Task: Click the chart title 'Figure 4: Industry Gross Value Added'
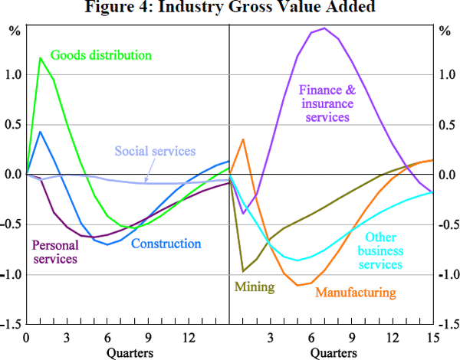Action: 230,8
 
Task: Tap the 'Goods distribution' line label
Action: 100,55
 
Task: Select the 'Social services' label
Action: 155,151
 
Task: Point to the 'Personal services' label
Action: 54,252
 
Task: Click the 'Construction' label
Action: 166,244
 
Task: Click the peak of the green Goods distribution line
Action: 41,57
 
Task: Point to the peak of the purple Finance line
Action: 325,28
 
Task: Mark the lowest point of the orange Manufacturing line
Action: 297,285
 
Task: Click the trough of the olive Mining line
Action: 244,271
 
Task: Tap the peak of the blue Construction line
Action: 41,132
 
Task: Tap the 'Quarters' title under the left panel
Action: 129,352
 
